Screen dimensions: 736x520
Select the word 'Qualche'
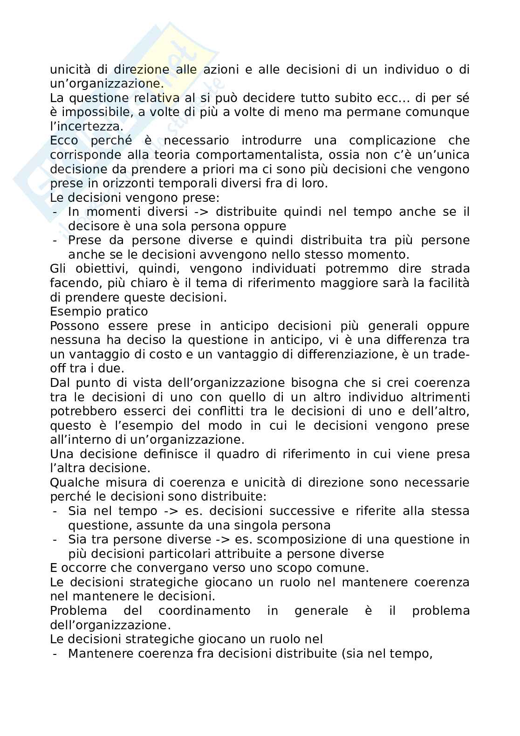74,482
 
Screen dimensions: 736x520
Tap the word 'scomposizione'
298,539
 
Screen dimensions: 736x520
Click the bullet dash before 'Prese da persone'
55,241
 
